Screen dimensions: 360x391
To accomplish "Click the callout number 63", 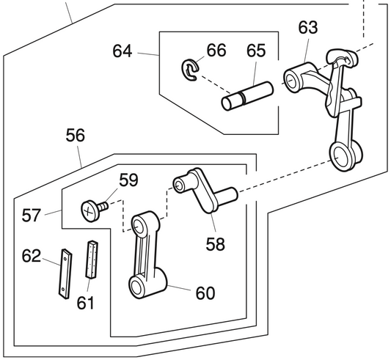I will (308, 28).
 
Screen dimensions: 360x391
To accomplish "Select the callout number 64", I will (123, 51).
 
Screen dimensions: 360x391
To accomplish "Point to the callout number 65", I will (255, 51).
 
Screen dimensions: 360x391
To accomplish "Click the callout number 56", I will (75, 136).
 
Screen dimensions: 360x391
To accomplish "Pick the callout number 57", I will (31, 215).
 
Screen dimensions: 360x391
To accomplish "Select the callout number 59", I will (129, 179).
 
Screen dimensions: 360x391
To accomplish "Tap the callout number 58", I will (215, 243).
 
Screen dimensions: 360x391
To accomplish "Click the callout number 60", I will (205, 293).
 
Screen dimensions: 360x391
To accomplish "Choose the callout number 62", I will (32, 255).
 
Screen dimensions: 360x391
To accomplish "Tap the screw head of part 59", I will (90, 210).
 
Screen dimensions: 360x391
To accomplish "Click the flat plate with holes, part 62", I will (66, 272).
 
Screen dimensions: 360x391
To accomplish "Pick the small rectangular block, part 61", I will (92, 259).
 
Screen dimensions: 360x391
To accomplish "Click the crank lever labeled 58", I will (202, 189).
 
